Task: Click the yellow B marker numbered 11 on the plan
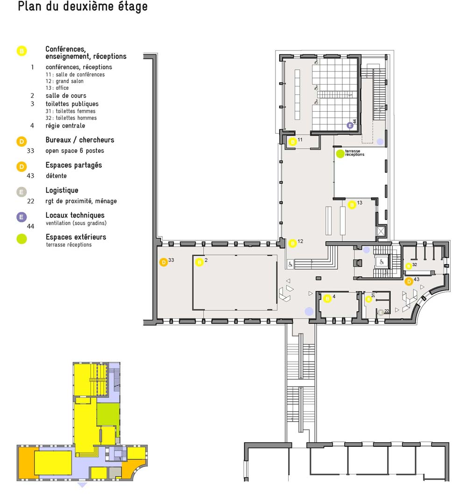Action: [x=293, y=142]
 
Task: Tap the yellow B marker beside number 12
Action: [x=293, y=244]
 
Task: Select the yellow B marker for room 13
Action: [x=352, y=205]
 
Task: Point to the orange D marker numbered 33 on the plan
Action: [x=163, y=262]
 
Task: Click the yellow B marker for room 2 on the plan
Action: [x=199, y=262]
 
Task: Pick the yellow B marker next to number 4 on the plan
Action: [x=327, y=298]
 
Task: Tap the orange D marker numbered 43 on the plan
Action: [x=409, y=281]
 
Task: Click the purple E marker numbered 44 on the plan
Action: [x=350, y=125]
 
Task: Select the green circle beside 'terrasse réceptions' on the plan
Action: [x=340, y=154]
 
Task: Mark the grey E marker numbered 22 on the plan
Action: [x=381, y=312]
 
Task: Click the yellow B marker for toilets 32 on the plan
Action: [x=409, y=266]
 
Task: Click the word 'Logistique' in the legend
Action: [x=62, y=190]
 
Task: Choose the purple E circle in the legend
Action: [x=21, y=217]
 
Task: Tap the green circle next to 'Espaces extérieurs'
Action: [x=21, y=239]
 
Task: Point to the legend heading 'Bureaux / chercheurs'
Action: [x=80, y=140]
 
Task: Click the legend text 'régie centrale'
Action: [x=65, y=126]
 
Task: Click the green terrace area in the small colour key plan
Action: [x=108, y=414]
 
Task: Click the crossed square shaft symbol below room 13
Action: [x=381, y=231]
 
